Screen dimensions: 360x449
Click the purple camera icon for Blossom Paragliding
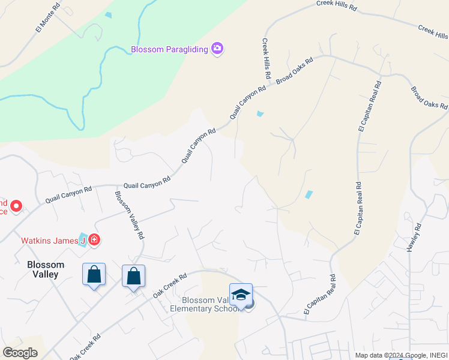217,49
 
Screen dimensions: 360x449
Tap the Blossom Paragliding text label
170,49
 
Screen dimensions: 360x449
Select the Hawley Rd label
415,238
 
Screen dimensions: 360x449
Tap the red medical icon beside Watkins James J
94,241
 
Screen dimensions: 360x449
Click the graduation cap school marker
241,295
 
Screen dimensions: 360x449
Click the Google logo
20,353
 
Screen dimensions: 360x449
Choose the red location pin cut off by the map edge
16,207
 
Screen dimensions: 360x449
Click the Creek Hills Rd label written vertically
266,61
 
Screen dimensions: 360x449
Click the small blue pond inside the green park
108,15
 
